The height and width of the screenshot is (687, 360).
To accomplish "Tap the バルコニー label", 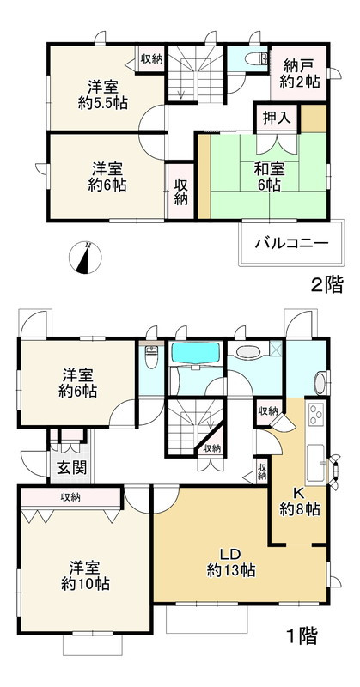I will (290, 243).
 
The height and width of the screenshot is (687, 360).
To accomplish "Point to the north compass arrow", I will (84, 258).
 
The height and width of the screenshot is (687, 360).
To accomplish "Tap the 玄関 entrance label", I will (66, 468).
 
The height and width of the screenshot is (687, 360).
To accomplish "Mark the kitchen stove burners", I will (314, 416).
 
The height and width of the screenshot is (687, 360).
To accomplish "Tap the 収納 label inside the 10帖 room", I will (71, 497).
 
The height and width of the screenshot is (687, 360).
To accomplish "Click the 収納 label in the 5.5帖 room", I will (151, 58).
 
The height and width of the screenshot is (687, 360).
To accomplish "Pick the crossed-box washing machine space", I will (275, 350).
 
